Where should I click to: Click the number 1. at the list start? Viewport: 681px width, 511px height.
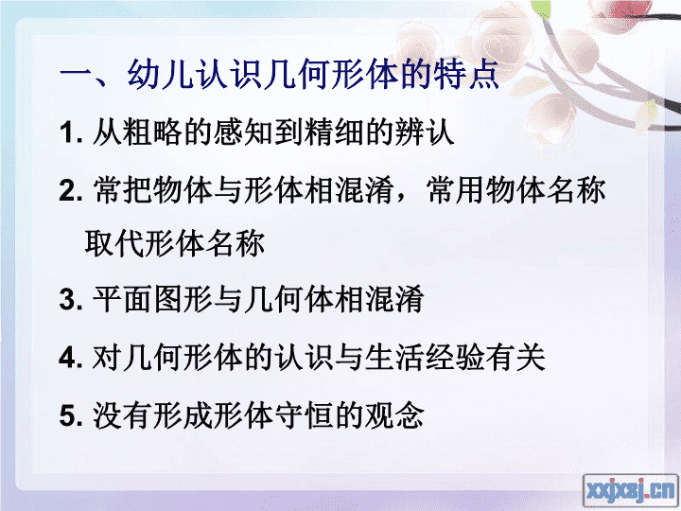click(71, 132)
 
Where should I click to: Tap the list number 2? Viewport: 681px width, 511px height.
click(71, 191)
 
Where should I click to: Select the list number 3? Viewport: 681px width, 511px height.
click(71, 299)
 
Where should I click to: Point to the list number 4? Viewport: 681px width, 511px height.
click(71, 358)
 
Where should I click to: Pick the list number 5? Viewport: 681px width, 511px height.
click(71, 415)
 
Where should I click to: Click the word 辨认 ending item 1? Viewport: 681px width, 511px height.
click(425, 132)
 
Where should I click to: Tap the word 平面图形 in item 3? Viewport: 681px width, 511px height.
click(152, 299)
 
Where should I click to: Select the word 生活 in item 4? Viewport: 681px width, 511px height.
click(394, 358)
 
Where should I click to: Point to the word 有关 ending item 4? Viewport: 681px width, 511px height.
click(515, 358)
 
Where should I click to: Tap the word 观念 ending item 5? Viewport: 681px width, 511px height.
click(394, 415)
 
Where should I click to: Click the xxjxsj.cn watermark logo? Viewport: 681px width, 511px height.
click(630, 490)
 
